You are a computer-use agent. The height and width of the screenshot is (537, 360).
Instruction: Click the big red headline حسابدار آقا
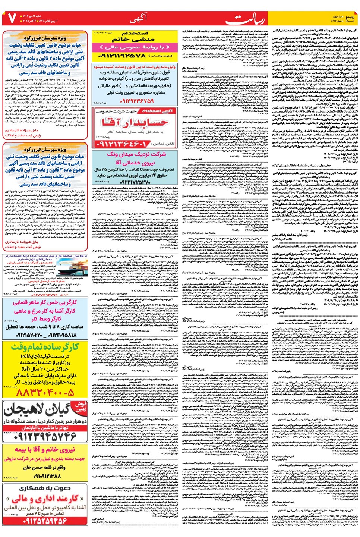(135, 122)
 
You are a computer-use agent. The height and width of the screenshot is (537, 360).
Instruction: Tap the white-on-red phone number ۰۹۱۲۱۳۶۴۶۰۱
(123, 144)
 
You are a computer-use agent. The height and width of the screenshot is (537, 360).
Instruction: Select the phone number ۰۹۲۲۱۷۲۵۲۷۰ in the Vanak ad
(135, 182)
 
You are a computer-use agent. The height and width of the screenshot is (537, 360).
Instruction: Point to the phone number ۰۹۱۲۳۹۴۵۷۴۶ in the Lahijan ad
(45, 436)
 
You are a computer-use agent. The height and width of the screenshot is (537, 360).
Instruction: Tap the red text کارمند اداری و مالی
(45, 499)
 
